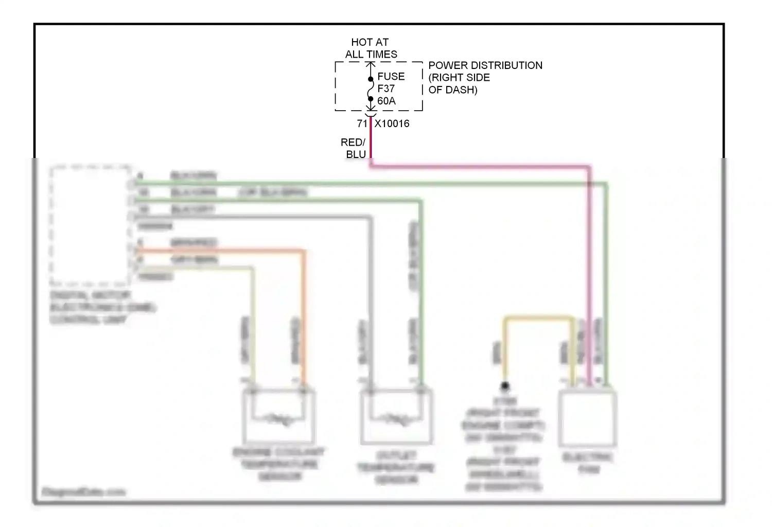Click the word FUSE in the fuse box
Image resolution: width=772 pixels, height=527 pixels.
[x=391, y=77]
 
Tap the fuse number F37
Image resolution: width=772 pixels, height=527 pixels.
[x=386, y=89]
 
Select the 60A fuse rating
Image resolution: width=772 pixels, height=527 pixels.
[x=387, y=101]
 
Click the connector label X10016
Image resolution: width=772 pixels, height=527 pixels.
[x=392, y=124]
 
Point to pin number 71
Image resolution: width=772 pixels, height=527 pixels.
[x=362, y=124]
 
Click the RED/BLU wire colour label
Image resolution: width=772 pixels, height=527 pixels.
[x=354, y=148]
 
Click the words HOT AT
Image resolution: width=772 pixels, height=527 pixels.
[x=370, y=42]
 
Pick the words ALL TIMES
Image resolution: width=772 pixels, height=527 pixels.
[x=371, y=54]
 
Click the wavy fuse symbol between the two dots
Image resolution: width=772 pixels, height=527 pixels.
[x=371, y=89]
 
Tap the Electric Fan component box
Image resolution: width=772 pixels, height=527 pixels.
[x=588, y=419]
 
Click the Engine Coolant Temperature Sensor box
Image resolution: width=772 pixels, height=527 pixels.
[x=278, y=416]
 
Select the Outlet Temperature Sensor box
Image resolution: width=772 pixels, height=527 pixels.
[x=396, y=416]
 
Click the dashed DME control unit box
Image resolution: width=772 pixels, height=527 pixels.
[x=90, y=225]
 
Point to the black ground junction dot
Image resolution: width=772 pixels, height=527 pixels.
[x=505, y=385]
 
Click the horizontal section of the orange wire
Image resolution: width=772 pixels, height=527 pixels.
[x=221, y=251]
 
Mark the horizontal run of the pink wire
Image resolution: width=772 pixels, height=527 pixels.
[x=479, y=166]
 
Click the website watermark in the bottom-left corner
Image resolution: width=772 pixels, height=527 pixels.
[x=83, y=491]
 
